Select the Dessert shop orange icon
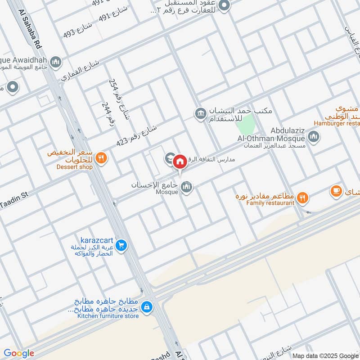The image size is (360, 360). (102, 158)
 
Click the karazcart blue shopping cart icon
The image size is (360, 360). (120, 246)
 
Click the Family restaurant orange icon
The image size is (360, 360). (303, 197)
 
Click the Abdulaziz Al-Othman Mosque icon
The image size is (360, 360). (314, 136)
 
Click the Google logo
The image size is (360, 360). (18, 354)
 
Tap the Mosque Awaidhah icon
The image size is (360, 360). (56, 62)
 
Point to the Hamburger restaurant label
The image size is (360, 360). (337, 123)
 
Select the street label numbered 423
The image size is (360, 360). (135, 135)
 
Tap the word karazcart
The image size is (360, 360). (98, 240)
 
